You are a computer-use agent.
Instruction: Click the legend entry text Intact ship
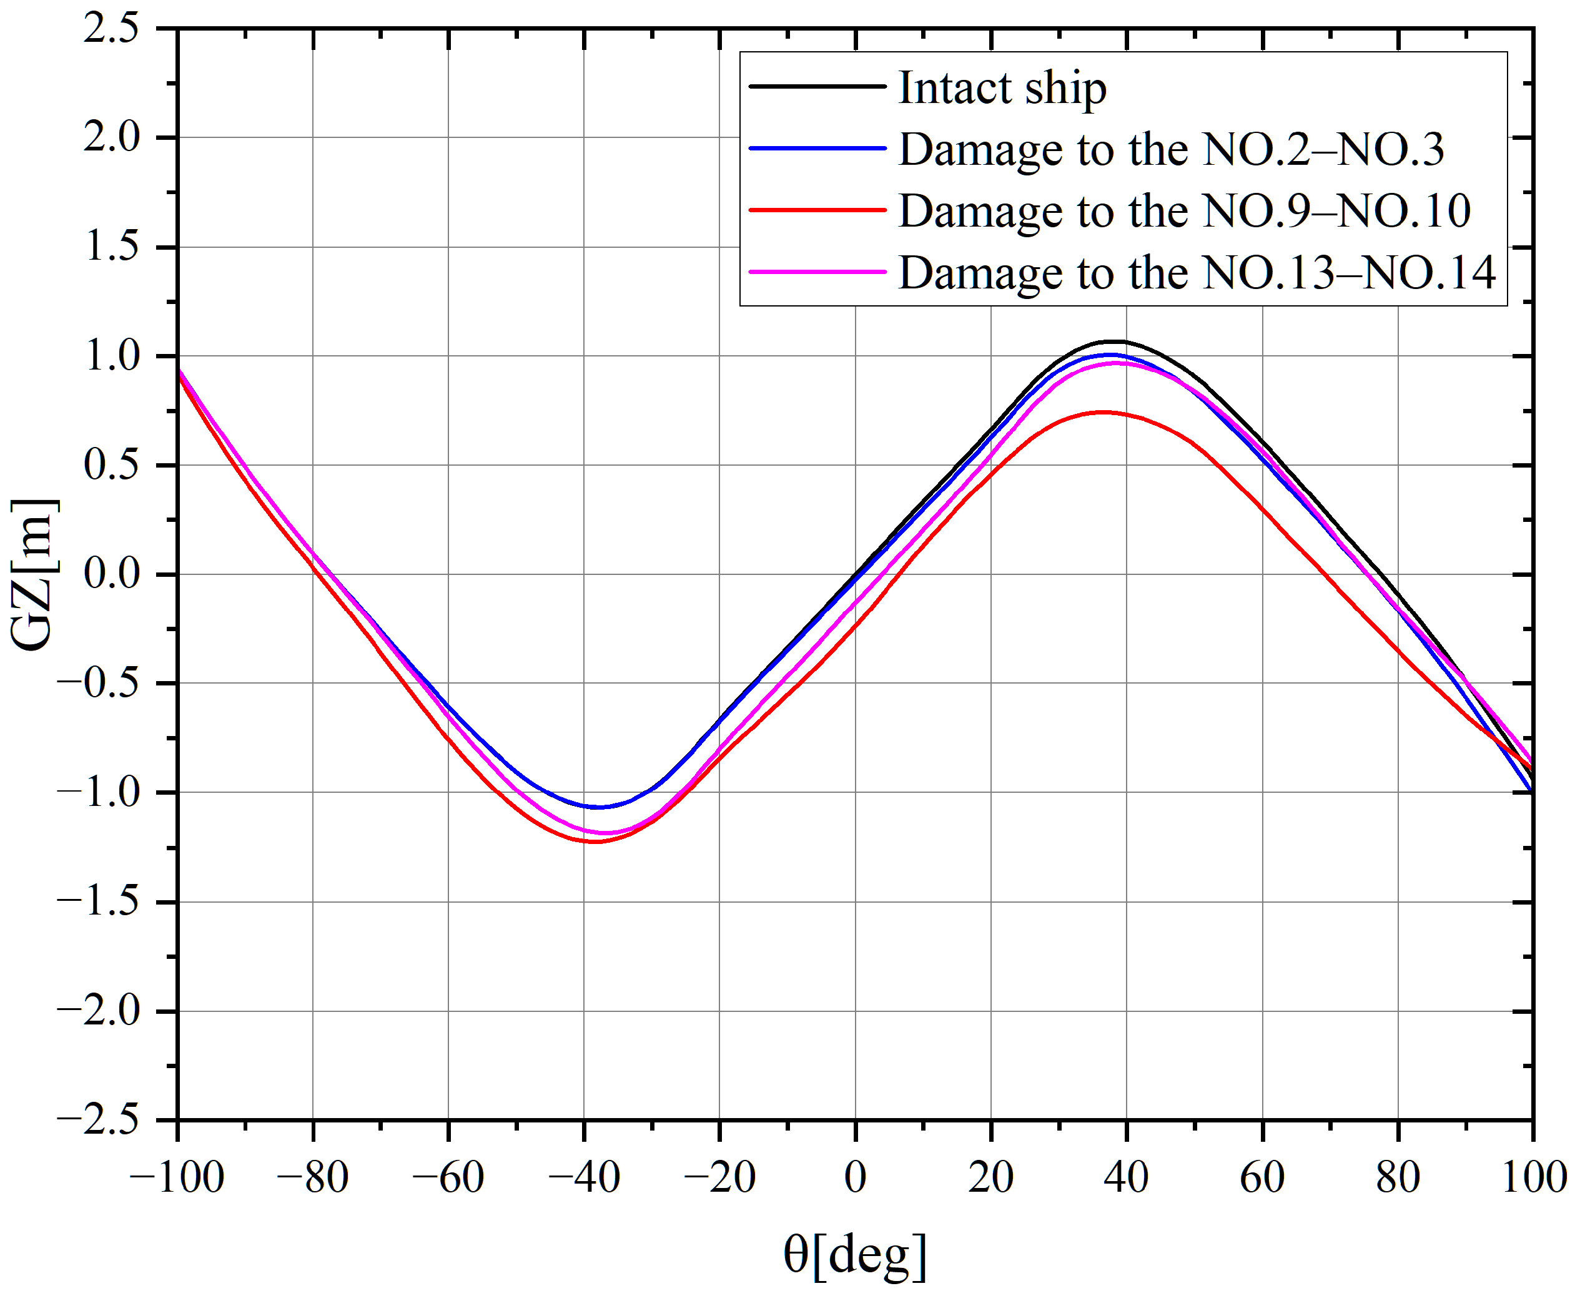click(1002, 89)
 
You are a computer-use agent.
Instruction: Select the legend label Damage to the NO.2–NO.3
click(1171, 149)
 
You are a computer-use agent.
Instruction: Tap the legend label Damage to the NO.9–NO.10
click(1185, 211)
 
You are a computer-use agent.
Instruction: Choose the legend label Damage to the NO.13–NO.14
click(1197, 273)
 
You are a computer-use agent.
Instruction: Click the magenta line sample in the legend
click(817, 272)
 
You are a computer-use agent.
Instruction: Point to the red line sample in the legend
click(817, 210)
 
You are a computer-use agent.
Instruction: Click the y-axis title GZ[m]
click(34, 574)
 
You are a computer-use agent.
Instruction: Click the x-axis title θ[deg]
click(855, 1255)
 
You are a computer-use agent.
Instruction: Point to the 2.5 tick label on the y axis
click(112, 30)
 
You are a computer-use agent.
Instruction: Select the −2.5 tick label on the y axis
click(98, 1120)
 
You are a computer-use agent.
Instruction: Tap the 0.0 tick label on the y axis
click(112, 575)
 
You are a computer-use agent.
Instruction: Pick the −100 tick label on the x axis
click(177, 1178)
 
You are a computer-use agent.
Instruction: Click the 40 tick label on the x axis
click(1127, 1178)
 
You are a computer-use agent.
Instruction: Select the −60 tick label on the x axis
click(448, 1178)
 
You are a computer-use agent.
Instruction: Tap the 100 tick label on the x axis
click(1533, 1178)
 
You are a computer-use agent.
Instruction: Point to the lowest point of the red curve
click(595, 842)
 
